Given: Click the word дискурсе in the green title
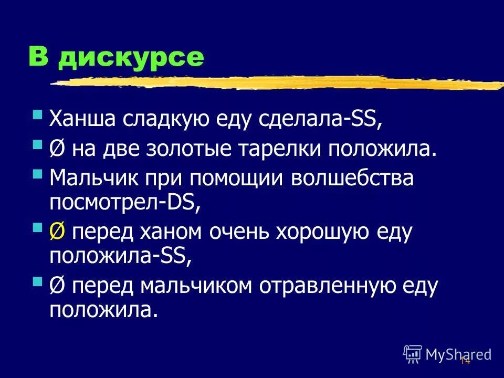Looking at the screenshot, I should pyautogui.click(x=131, y=57).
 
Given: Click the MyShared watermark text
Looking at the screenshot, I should pyautogui.click(x=458, y=354).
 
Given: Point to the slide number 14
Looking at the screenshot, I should pyautogui.click(x=464, y=361).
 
